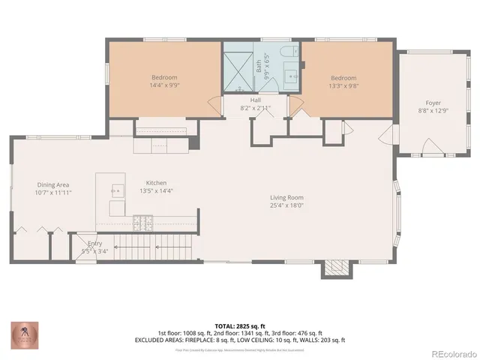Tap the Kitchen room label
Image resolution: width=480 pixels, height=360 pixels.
click(x=156, y=183)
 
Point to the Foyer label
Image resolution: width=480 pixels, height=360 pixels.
click(x=433, y=103)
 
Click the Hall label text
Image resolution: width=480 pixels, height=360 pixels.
click(x=255, y=100)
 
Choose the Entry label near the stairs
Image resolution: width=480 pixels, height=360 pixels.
click(x=94, y=243)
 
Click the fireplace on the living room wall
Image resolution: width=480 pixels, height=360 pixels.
click(x=335, y=267)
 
